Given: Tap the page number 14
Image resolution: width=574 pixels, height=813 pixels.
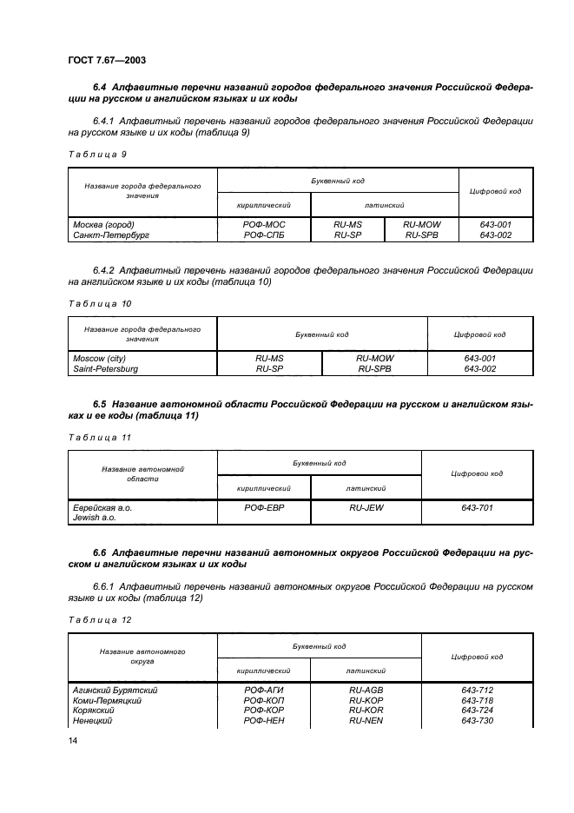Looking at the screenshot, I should coord(73,740).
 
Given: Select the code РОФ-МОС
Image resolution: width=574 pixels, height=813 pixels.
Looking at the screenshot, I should coord(264,224).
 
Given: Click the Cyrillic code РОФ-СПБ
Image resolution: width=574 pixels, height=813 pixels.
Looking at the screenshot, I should coord(264,234).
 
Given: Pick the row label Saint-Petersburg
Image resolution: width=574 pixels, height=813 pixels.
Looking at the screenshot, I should coord(105,368).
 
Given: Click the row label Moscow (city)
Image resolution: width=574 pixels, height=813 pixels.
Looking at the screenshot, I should coord(98,359).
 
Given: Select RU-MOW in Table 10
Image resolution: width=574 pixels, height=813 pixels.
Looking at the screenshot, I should coord(374,359).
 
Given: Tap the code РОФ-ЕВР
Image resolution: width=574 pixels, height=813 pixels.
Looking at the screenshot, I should coord(264,507).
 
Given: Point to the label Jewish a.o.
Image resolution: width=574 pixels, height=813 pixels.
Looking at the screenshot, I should coord(94,517).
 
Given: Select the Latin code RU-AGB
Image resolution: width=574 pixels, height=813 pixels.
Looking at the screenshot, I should coord(366,691).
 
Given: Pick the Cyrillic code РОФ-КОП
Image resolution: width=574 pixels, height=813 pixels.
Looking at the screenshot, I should coord(264,701).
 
